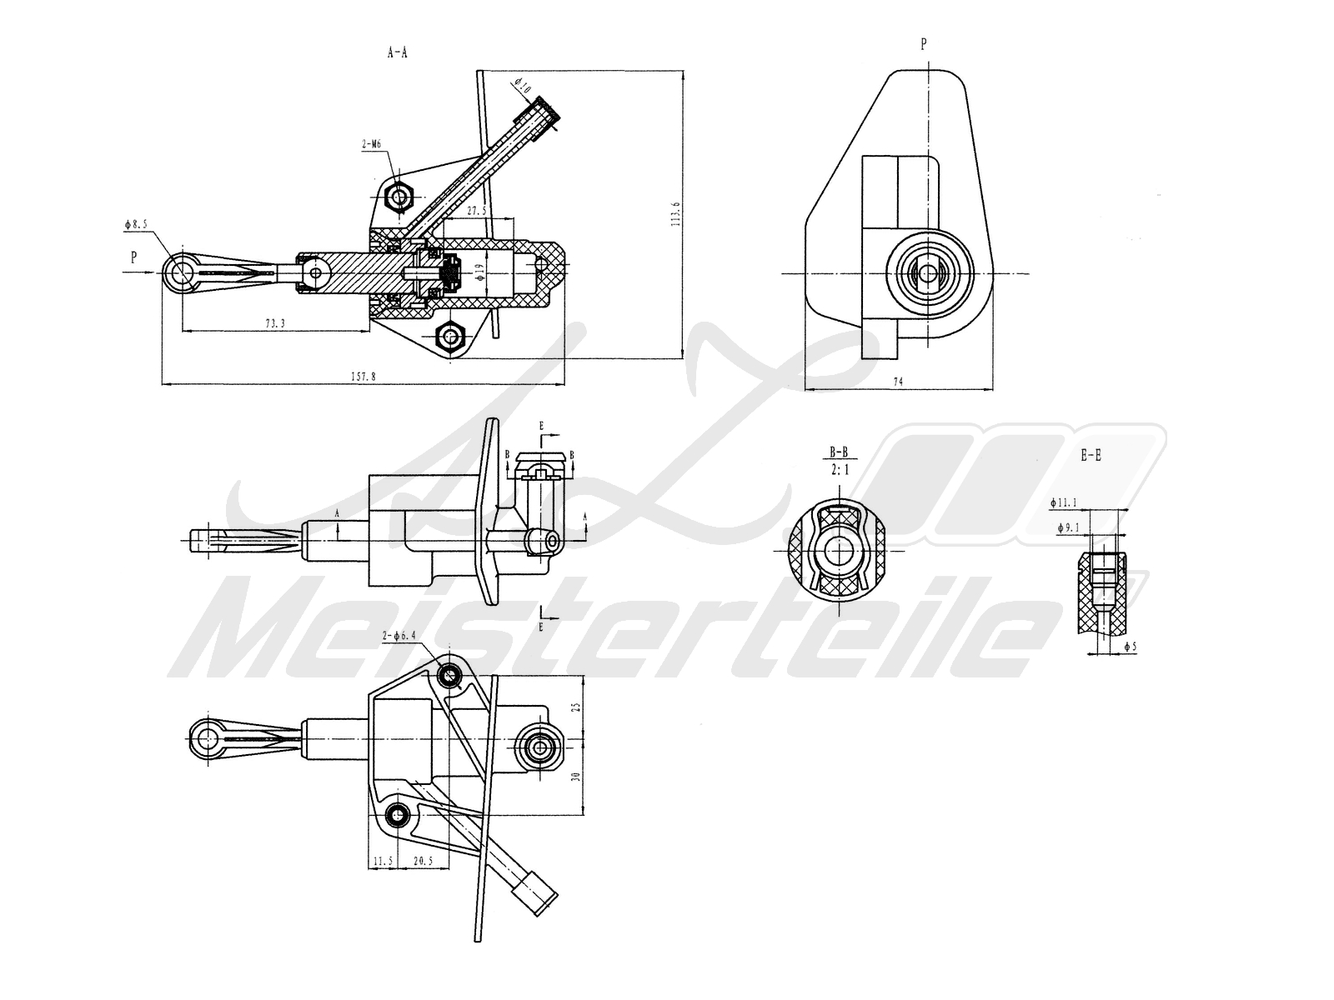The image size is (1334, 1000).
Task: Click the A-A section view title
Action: click(x=398, y=52)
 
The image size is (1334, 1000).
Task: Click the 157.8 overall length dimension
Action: click(x=363, y=377)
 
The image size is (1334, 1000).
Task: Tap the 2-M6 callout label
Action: click(x=371, y=144)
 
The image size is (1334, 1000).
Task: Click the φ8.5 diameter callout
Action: click(x=136, y=224)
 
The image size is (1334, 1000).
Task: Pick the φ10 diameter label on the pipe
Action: click(x=521, y=85)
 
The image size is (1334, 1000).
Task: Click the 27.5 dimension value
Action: click(x=476, y=212)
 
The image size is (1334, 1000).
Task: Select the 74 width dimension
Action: click(x=898, y=382)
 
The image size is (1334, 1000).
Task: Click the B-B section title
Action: click(x=839, y=452)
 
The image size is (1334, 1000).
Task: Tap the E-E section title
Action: click(x=1091, y=456)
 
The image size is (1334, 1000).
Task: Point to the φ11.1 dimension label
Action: click(x=1064, y=502)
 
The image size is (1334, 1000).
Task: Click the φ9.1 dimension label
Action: click(x=1068, y=527)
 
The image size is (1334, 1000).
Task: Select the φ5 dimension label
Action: click(x=1130, y=646)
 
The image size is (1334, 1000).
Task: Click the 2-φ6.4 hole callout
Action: click(x=399, y=636)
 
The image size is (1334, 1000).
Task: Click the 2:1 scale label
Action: click(x=839, y=470)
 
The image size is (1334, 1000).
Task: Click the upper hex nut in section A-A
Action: click(x=401, y=197)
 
